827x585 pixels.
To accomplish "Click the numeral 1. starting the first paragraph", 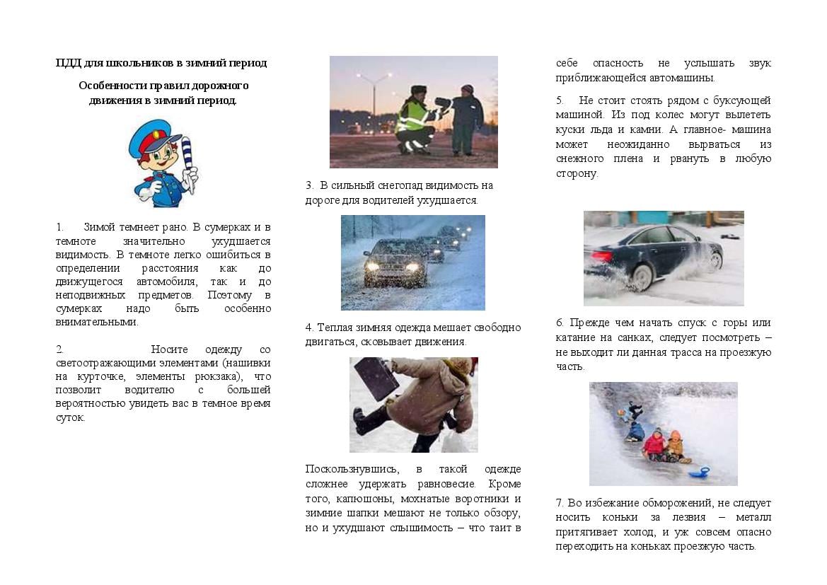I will [59, 227].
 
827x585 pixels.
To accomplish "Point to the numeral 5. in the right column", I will [560, 100].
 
